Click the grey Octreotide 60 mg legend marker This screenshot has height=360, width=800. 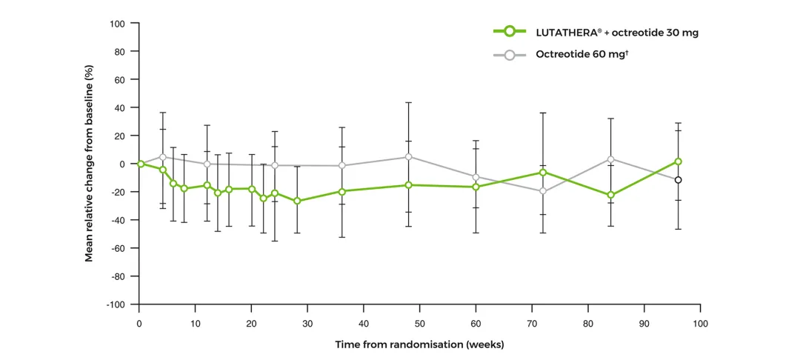click(509, 54)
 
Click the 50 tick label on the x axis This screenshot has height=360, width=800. click(419, 324)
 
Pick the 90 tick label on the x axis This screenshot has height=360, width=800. click(644, 324)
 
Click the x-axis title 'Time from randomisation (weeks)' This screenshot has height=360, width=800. click(419, 344)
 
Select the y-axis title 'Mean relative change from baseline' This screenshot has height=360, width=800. click(89, 164)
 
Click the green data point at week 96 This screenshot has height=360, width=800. click(678, 161)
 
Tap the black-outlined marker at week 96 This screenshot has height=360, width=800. click(678, 180)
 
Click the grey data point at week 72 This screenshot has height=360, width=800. click(543, 191)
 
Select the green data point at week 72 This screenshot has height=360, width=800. click(543, 173)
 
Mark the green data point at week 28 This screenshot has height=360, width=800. click(297, 201)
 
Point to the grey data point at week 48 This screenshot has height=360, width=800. click(408, 157)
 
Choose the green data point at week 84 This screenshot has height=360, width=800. click(610, 195)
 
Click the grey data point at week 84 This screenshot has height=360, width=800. click(610, 159)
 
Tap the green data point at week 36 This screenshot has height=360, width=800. click(341, 192)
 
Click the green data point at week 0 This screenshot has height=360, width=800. click(140, 164)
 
